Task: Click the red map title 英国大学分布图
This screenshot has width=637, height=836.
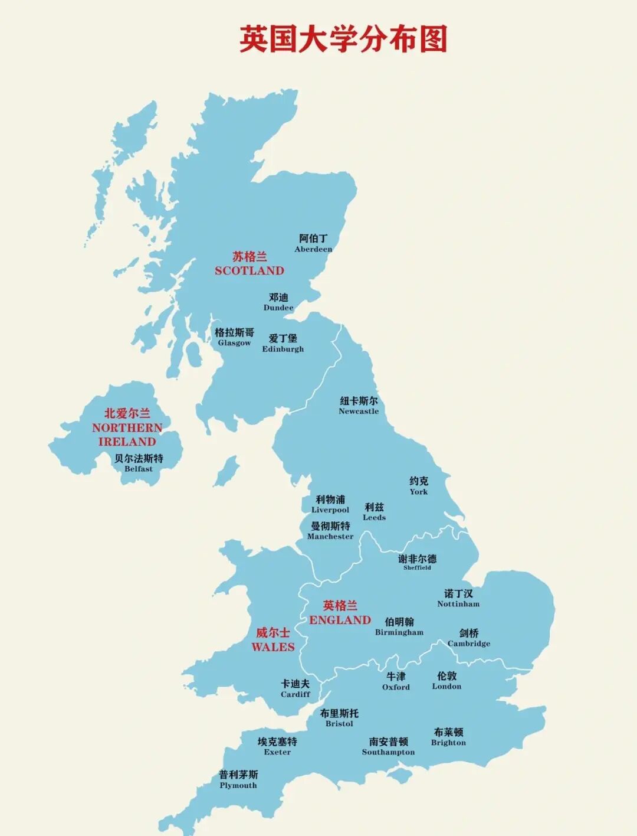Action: [343, 40]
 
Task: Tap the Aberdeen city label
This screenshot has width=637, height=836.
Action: [313, 243]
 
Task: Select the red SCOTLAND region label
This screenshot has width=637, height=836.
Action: [249, 264]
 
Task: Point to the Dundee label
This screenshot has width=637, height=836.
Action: [278, 302]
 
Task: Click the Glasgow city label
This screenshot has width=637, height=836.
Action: [234, 337]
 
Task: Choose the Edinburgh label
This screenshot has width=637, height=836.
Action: [283, 343]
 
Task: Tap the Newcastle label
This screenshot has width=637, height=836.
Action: [359, 406]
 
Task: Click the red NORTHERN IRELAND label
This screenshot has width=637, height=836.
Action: [127, 427]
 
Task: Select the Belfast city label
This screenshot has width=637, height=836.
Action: [139, 463]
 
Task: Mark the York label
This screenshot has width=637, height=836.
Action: [419, 486]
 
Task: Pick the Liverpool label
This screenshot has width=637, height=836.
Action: [330, 504]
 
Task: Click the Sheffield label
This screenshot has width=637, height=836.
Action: [417, 562]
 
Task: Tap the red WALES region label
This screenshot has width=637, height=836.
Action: [272, 639]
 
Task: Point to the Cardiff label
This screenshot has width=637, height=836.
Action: [295, 688]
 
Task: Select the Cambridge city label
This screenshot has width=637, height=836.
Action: [469, 638]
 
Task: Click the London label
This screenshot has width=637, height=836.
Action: [446, 680]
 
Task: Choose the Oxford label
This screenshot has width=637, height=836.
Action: [396, 681]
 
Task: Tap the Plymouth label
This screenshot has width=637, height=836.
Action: [238, 779]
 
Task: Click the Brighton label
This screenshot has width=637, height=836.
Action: [448, 737]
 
